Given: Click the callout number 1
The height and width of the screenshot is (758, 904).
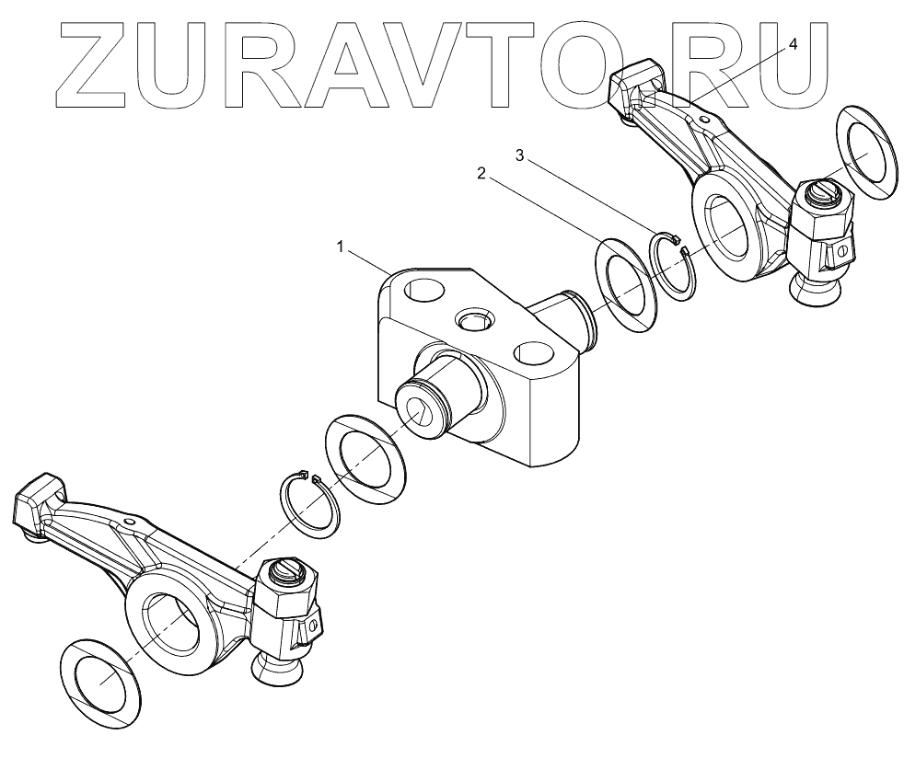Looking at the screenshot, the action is pos(341,246).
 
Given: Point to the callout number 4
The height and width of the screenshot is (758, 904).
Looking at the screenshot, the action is pos(793,43).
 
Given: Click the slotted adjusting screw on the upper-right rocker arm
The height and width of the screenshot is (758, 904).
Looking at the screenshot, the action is pos(819,194).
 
